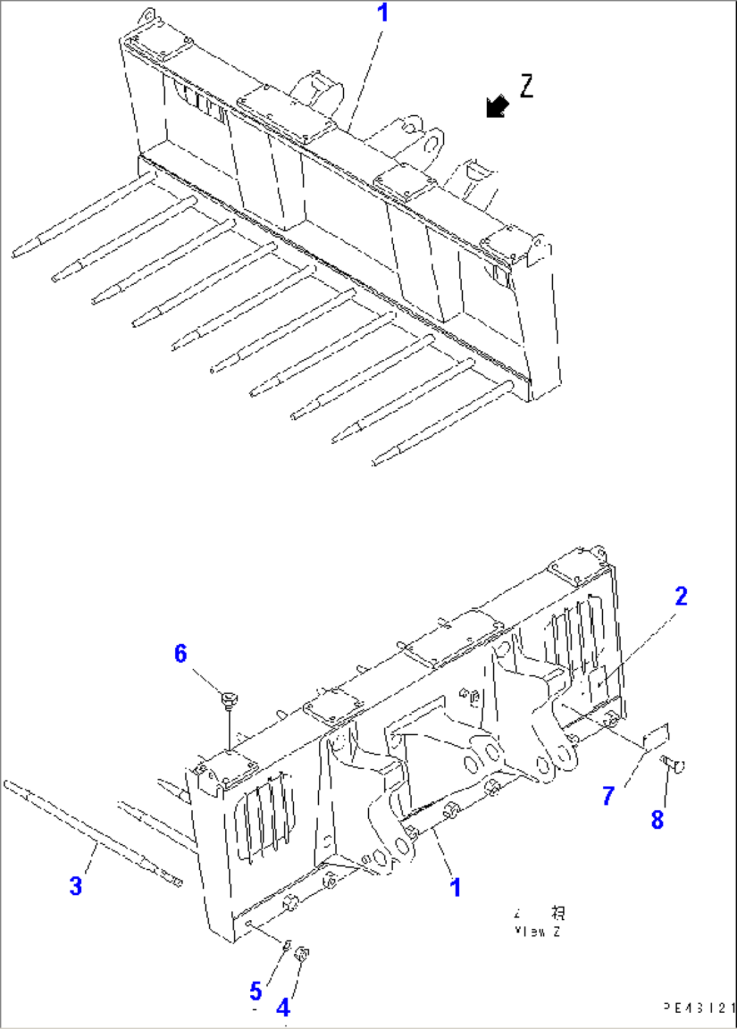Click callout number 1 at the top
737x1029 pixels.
(x=383, y=13)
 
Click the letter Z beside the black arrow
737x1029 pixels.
(x=527, y=86)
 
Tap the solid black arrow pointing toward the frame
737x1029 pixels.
(x=498, y=107)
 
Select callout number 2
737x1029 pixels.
(x=681, y=597)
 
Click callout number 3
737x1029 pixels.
(x=76, y=886)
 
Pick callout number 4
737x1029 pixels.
(x=283, y=1008)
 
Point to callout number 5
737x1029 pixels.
(x=255, y=991)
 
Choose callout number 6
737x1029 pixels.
(x=181, y=653)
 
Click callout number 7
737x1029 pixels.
(x=609, y=796)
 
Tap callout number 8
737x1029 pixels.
(x=657, y=820)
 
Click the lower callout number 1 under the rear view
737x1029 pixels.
(x=456, y=887)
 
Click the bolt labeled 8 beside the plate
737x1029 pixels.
(x=673, y=765)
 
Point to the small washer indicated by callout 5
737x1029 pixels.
(x=286, y=945)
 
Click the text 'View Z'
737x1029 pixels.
(x=538, y=932)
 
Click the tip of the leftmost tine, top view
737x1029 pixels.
(x=15, y=255)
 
